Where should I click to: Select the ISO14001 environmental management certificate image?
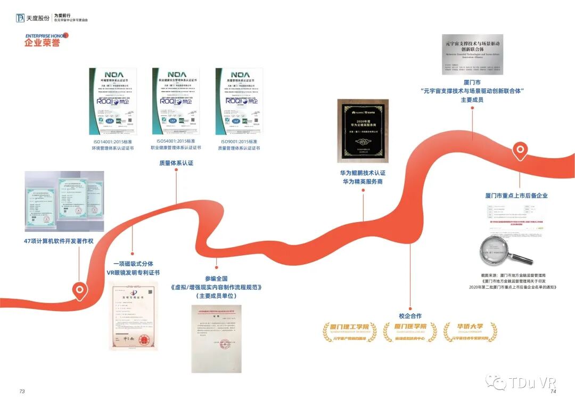point(112,101)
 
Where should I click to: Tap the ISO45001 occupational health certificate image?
point(176,101)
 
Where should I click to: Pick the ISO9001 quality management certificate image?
point(240,101)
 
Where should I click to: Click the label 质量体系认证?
point(176,163)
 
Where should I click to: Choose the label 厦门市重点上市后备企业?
point(516,196)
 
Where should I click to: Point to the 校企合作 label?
point(410,315)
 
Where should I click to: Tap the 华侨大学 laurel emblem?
point(470,332)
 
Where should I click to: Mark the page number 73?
point(22,391)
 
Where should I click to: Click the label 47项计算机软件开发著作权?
point(59,241)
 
